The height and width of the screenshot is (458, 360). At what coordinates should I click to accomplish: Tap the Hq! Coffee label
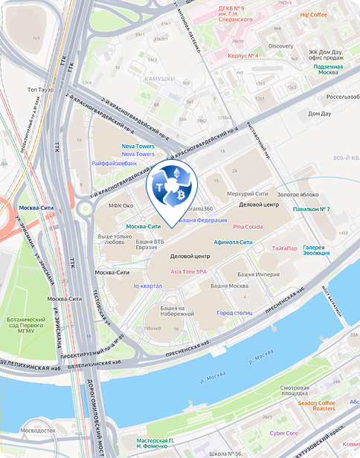click(313, 14)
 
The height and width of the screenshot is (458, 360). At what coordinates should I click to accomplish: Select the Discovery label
click(280, 46)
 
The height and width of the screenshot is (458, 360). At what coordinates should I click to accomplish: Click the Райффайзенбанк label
click(114, 162)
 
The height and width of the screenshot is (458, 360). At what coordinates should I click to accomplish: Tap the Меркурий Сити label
click(247, 194)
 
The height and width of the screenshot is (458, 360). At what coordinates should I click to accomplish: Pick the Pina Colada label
click(248, 226)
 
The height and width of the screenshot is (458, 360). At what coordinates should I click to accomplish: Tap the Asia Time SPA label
click(189, 271)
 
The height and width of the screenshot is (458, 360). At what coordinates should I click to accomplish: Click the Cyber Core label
click(283, 432)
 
